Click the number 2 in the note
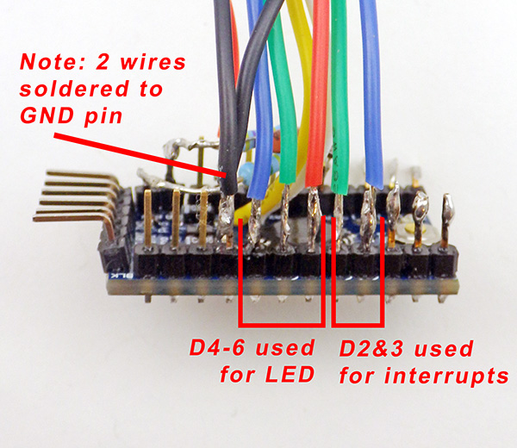[x=102, y=62]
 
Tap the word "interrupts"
[x=446, y=376]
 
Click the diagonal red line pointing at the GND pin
[x=140, y=155]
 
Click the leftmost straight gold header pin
[x=147, y=219]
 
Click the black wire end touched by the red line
[x=229, y=184]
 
